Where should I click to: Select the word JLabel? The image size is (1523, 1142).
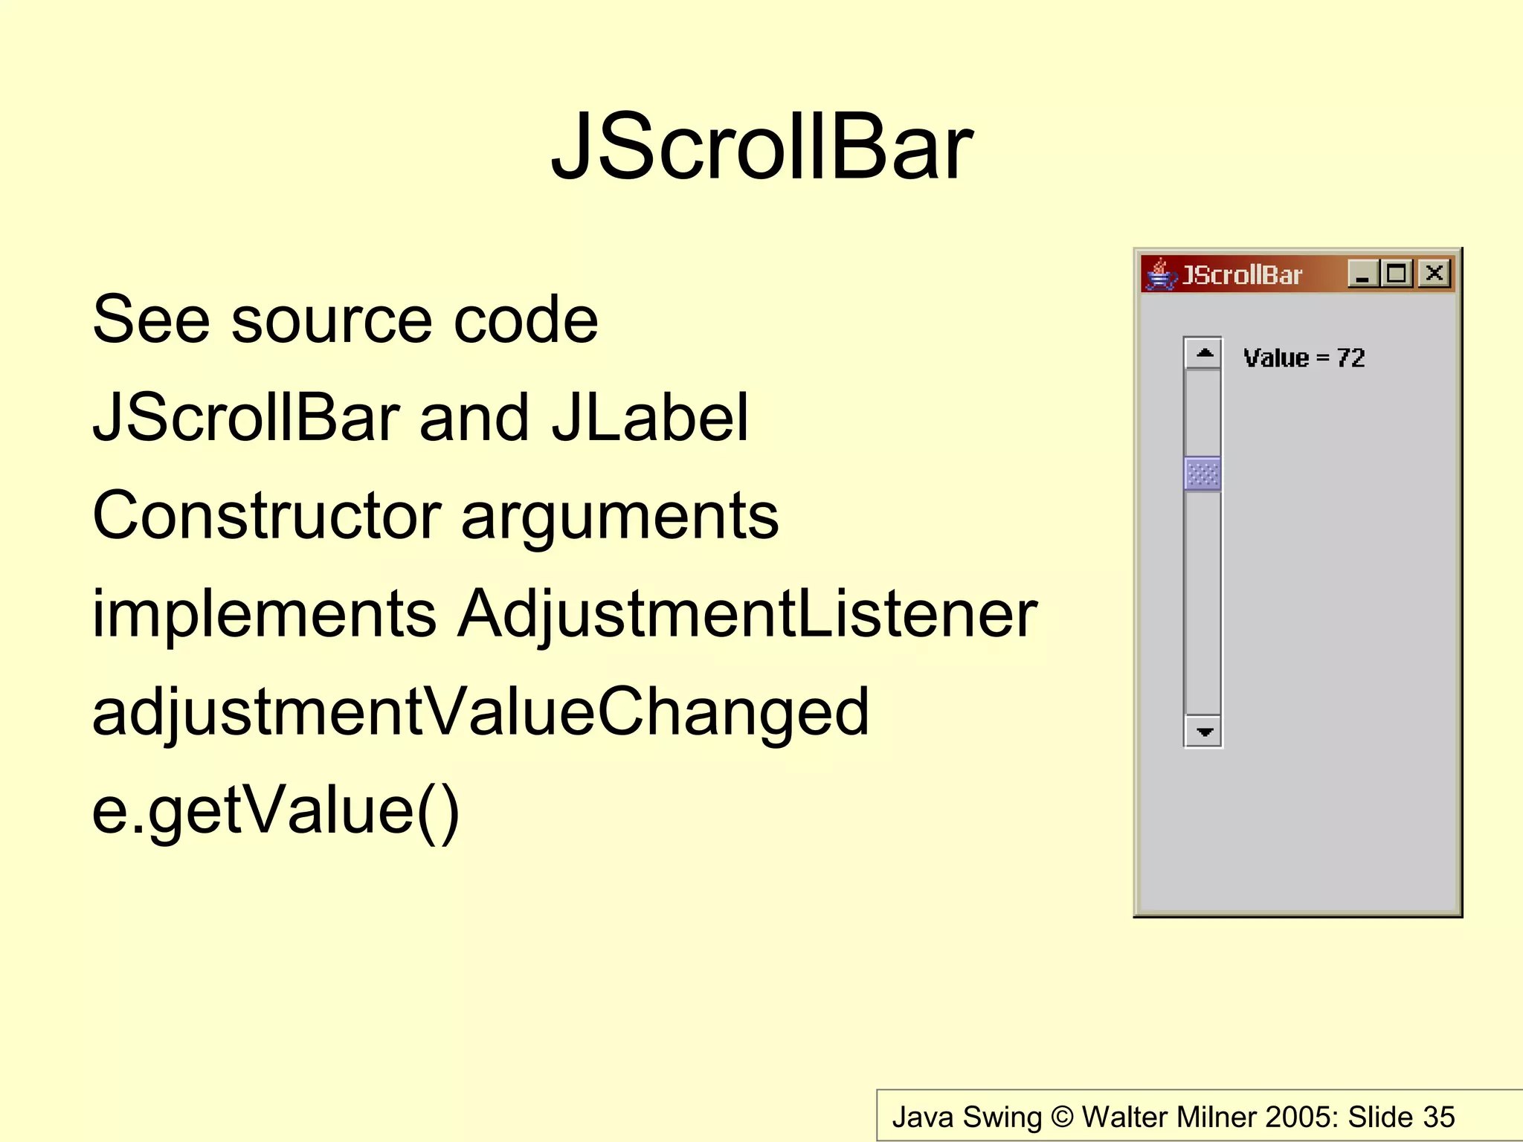click(x=649, y=418)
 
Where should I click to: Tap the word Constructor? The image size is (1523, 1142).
click(x=266, y=515)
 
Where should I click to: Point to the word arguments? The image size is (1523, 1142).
click(x=619, y=517)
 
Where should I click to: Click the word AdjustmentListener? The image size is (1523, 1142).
click(x=747, y=614)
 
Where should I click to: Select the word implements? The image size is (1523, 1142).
click(x=263, y=614)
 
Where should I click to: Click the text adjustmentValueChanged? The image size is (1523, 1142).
click(x=480, y=712)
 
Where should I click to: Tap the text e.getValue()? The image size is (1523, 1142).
click(x=275, y=810)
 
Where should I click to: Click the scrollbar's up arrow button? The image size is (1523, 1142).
click(x=1203, y=353)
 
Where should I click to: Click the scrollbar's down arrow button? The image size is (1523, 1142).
click(x=1203, y=732)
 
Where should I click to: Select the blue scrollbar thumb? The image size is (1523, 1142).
click(x=1202, y=474)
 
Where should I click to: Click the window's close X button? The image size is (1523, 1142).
click(x=1434, y=274)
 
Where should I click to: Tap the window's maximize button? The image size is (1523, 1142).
click(x=1397, y=274)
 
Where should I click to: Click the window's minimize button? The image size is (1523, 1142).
click(x=1362, y=274)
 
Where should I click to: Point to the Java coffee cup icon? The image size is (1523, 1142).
click(x=1160, y=274)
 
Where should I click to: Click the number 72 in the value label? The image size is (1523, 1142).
click(x=1350, y=358)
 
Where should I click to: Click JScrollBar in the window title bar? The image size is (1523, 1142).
click(x=1242, y=275)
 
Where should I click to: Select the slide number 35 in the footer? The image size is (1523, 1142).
click(x=1438, y=1117)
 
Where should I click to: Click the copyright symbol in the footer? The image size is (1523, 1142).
click(x=1063, y=1117)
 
